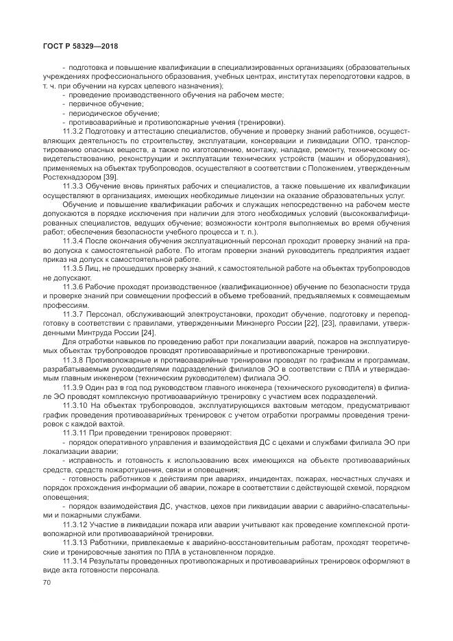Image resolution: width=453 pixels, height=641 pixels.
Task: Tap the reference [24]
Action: point(145,332)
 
